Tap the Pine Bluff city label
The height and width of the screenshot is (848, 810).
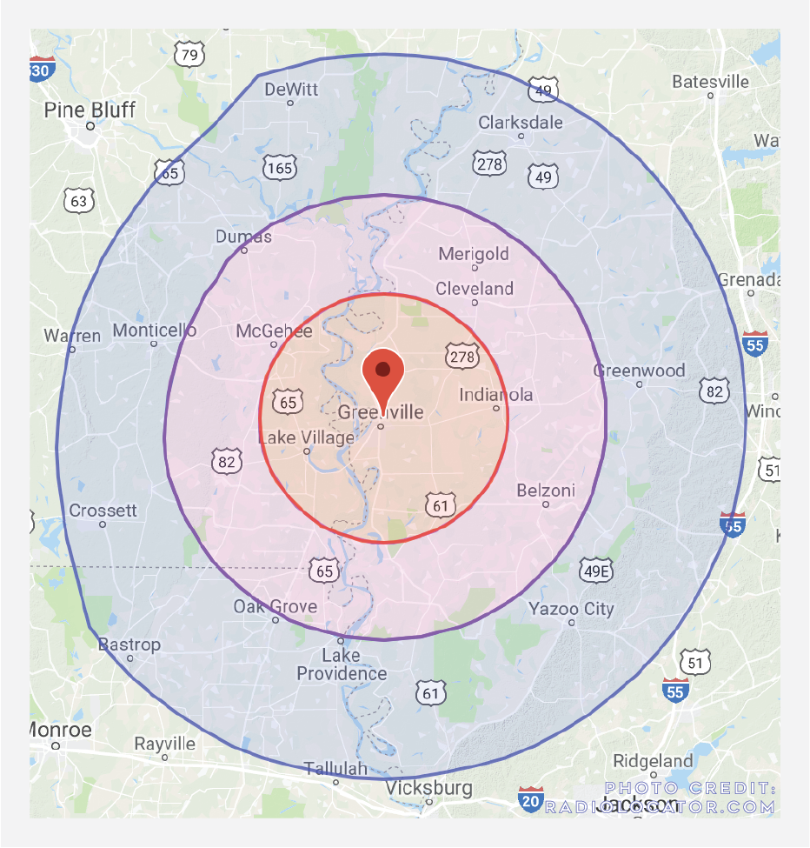tap(90, 110)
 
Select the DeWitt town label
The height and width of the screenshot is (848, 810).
tap(291, 90)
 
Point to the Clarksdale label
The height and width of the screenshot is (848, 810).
tap(521, 123)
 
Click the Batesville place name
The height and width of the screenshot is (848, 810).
tap(710, 82)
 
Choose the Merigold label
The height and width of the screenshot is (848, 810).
tap(474, 254)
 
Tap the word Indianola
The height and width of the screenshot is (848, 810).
tap(496, 395)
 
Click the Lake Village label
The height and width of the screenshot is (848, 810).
tap(306, 437)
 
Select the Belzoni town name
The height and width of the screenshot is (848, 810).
tap(546, 491)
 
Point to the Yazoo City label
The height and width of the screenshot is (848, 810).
tap(571, 609)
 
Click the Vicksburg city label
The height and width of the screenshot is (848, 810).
tap(429, 789)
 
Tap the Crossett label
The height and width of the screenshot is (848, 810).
tap(103, 511)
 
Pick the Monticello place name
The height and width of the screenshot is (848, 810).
tap(155, 331)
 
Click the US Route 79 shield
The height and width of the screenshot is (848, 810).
tap(189, 57)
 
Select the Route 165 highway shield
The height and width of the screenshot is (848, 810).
tap(281, 167)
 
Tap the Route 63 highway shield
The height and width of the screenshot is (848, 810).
tap(78, 202)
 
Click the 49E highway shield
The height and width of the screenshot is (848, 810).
tap(596, 571)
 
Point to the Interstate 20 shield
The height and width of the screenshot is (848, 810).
tap(531, 799)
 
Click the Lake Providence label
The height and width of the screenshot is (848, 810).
tap(342, 664)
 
